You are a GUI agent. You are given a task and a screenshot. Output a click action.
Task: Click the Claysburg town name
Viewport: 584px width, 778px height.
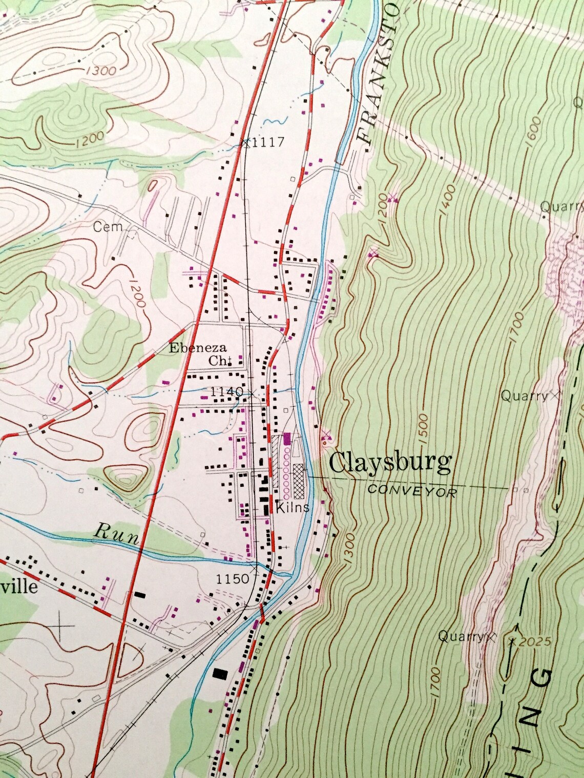tap(390, 463)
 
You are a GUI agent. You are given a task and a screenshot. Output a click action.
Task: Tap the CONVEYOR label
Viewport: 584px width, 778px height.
tap(411, 490)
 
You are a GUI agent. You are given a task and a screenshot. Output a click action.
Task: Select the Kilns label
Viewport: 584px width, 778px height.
tap(292, 508)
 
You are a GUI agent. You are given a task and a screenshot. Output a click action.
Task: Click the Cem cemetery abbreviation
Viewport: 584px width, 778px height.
tap(108, 227)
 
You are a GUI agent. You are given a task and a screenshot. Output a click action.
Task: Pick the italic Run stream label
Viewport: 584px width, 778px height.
tap(116, 533)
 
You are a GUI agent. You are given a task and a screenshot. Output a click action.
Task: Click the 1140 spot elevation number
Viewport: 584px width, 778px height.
tap(226, 392)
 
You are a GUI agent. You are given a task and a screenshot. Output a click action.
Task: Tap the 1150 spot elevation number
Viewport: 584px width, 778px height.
tap(232, 579)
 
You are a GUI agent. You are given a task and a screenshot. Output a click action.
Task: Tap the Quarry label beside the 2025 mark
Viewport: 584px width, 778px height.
tap(461, 636)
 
